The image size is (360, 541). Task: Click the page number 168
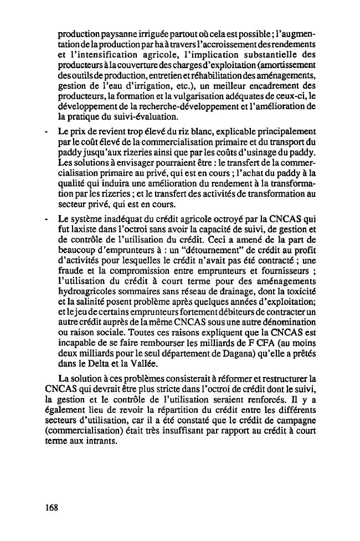53,507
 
